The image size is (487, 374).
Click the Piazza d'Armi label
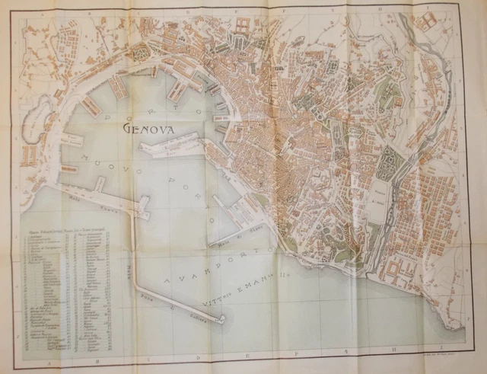pos(378,200)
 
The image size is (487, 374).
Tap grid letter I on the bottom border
pos(449,364)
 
